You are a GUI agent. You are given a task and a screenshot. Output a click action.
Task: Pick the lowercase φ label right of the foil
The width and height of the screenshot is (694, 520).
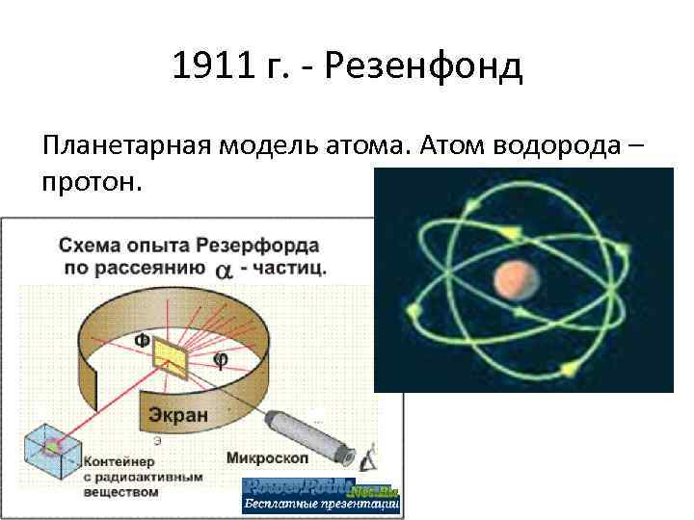(x=219, y=360)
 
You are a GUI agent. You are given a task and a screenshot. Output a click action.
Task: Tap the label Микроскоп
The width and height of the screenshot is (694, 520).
(x=268, y=457)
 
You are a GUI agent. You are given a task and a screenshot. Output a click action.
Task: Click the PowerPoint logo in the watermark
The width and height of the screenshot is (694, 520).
(x=298, y=486)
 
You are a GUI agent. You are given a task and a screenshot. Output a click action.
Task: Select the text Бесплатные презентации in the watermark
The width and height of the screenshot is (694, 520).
(x=320, y=505)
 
